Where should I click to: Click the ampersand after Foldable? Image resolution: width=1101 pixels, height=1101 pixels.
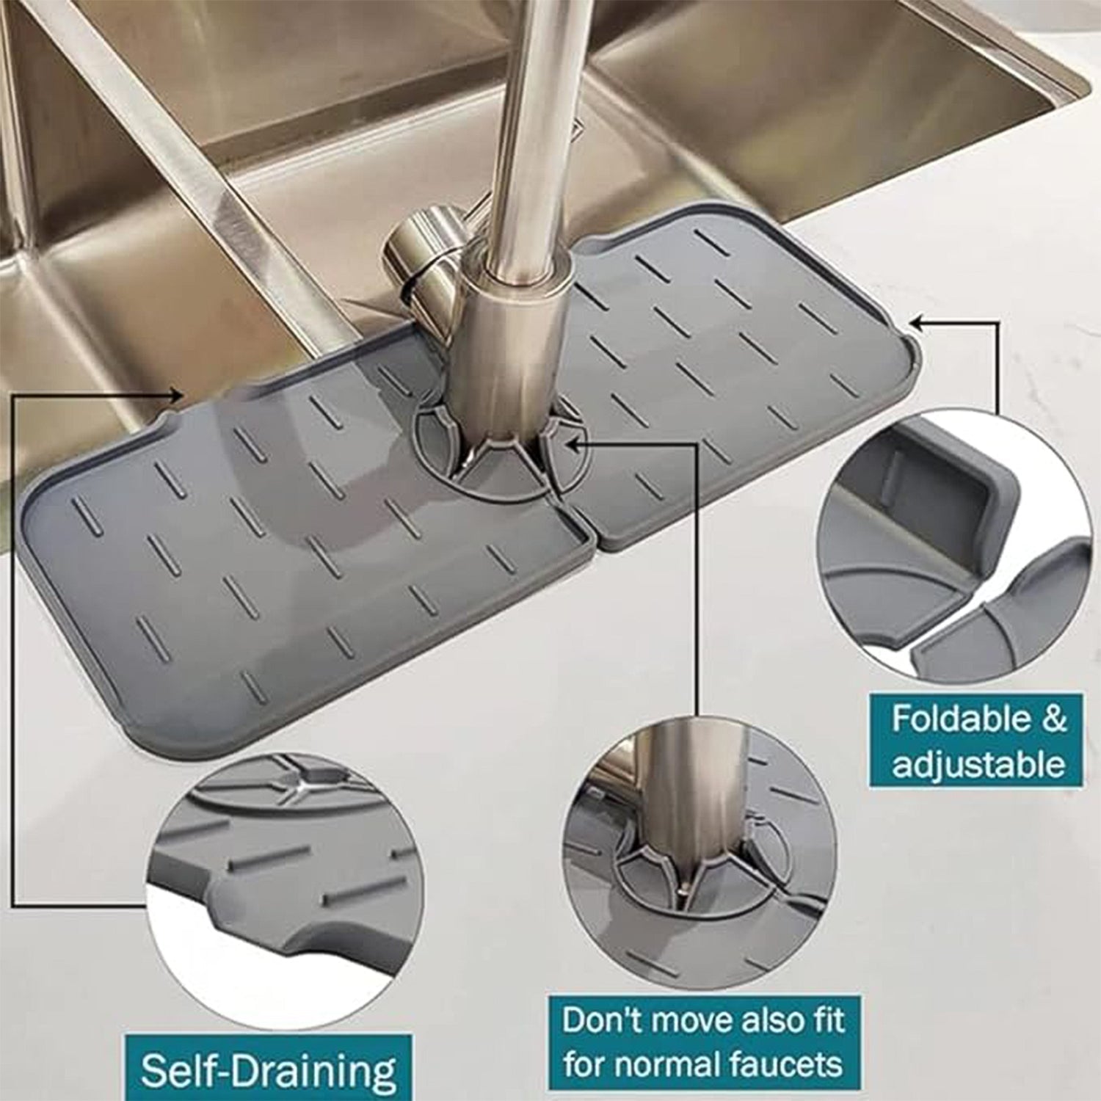point(1053,719)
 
